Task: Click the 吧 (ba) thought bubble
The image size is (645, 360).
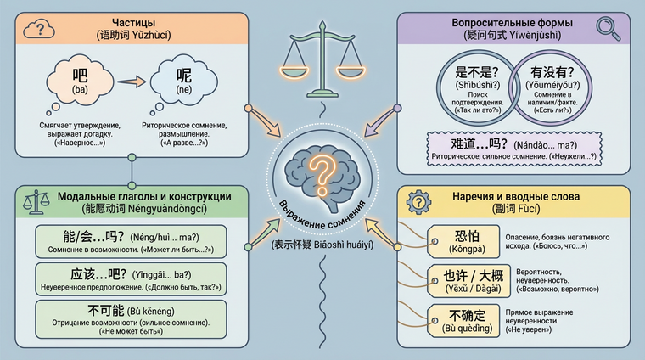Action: coord(81,82)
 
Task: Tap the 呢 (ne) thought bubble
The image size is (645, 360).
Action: coord(182,82)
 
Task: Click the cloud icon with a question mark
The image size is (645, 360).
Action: coord(40,31)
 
